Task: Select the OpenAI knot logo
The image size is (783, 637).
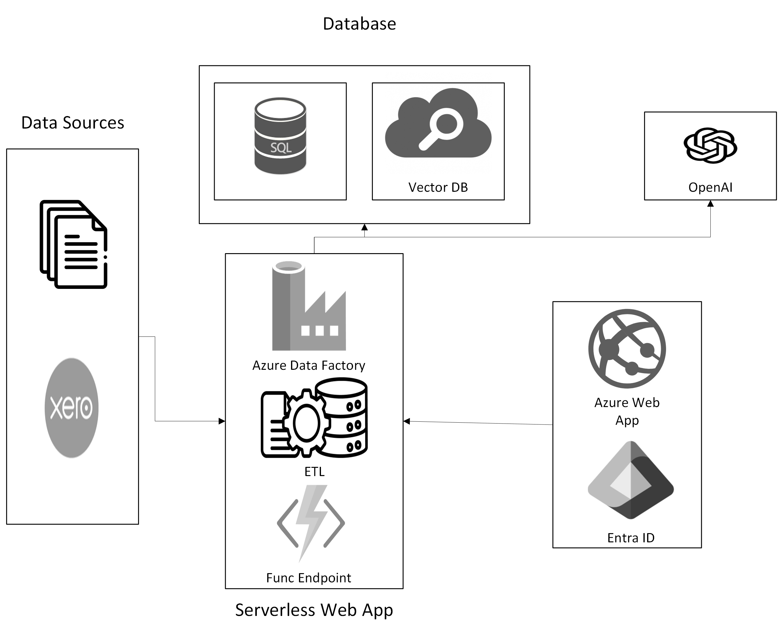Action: (x=710, y=145)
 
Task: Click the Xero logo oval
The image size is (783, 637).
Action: (x=71, y=408)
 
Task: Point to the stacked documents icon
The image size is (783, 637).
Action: (x=73, y=244)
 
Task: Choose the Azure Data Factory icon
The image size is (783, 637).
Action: (x=308, y=306)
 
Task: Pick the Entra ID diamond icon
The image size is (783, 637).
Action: (x=630, y=480)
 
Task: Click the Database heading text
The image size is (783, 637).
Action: (x=359, y=24)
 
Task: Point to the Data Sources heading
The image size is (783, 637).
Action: (x=73, y=122)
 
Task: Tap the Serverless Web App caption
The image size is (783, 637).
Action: (x=314, y=610)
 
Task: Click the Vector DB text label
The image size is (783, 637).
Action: (x=438, y=187)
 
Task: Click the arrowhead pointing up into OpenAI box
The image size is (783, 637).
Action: (x=710, y=204)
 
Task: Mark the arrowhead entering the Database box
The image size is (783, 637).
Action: (x=364, y=227)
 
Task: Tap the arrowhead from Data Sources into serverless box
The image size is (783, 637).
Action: (x=222, y=421)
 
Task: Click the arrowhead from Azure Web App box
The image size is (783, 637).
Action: (x=407, y=421)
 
